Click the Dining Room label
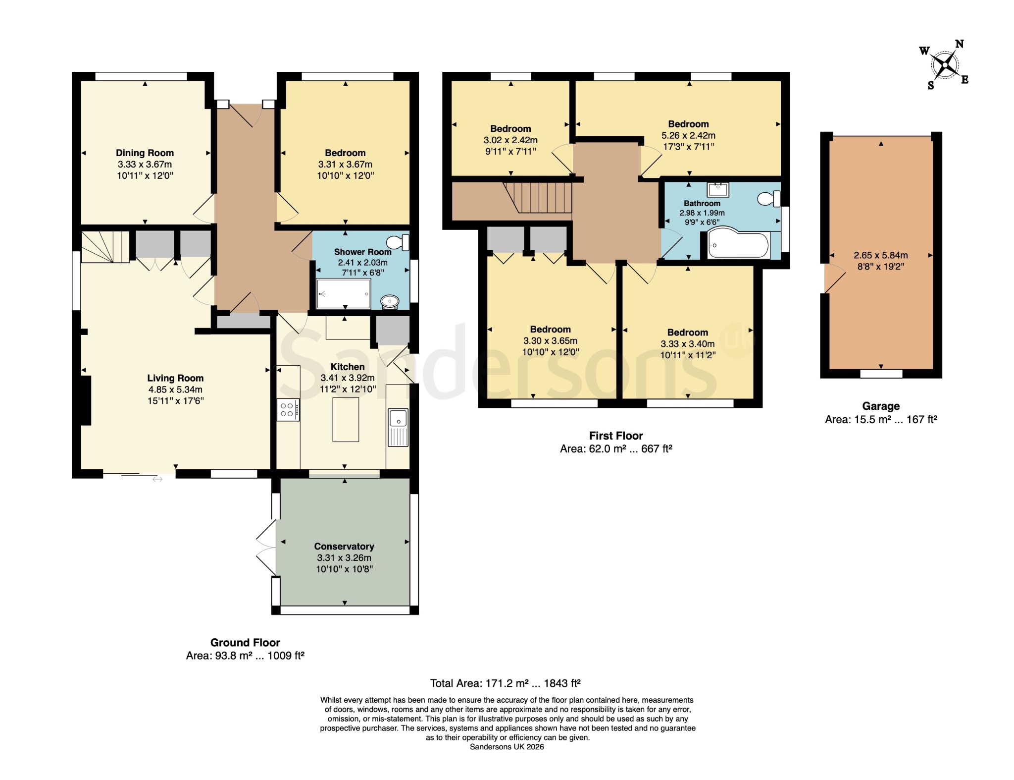[145, 153]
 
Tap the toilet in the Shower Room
[398, 242]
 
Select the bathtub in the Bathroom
[738, 243]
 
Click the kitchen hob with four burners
[288, 410]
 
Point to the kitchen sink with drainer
[398, 427]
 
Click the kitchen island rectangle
[346, 419]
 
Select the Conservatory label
[344, 546]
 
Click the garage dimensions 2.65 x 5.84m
[881, 255]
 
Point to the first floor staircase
[538, 197]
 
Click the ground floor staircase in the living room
[105, 246]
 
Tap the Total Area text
[505, 683]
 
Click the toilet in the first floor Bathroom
[769, 199]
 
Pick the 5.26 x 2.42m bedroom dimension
[688, 135]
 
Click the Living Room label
[175, 378]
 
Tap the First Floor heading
[616, 436]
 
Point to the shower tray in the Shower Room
[344, 294]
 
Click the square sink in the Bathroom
[718, 189]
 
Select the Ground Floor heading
[245, 643]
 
